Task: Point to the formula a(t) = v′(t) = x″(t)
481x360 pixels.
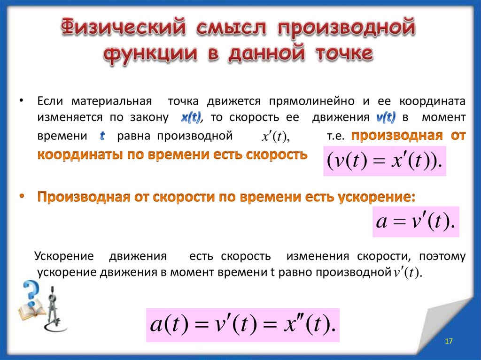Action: pyautogui.click(x=242, y=324)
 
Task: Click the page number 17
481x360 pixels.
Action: pyautogui.click(x=448, y=341)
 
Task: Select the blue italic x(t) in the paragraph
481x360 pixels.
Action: pyautogui.click(x=191, y=117)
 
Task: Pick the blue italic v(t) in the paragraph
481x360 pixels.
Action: pyautogui.click(x=386, y=117)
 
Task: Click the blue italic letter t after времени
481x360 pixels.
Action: pyautogui.click(x=102, y=136)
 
